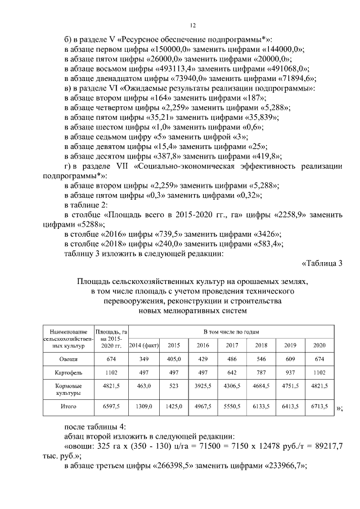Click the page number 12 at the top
click(192, 25)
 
